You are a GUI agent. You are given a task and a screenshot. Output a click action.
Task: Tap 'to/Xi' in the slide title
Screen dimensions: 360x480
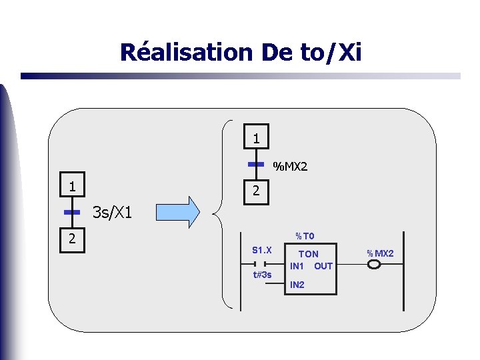[x=330, y=52]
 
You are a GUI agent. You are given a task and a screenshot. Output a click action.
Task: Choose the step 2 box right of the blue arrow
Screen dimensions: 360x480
[x=256, y=192]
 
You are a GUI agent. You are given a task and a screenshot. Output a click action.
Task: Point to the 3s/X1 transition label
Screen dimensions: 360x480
[x=113, y=213]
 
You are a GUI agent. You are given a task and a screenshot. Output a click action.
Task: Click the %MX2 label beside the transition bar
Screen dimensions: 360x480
[x=291, y=166]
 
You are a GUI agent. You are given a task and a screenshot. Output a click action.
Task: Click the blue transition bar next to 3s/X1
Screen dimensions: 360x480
[x=72, y=212]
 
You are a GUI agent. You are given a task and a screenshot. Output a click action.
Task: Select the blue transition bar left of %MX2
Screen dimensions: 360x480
[x=256, y=164]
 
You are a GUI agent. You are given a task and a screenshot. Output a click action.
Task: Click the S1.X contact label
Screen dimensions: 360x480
[x=262, y=251]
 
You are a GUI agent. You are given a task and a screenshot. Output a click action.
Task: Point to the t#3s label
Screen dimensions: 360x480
[x=262, y=275]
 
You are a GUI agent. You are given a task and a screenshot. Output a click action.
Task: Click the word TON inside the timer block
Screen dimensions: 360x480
[x=308, y=254]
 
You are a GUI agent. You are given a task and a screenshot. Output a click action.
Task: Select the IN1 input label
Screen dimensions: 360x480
[x=297, y=266]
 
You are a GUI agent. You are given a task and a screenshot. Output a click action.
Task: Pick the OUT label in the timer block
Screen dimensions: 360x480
[x=323, y=266]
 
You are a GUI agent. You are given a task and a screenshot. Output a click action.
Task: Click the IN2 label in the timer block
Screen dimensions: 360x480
[x=297, y=285]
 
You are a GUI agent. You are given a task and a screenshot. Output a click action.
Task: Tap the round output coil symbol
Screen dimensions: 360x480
[x=374, y=265]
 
